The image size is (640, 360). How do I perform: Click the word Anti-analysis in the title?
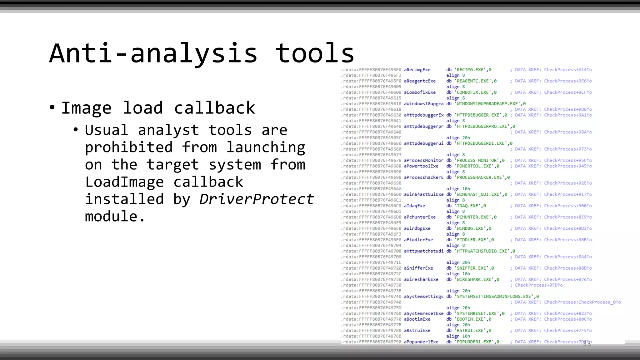[153, 53]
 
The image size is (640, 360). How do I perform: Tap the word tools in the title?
[315, 53]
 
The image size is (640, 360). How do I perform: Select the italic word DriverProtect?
[256, 199]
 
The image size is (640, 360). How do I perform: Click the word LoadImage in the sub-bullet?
[124, 182]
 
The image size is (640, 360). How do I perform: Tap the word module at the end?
[111, 216]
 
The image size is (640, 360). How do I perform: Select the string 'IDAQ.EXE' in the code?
[467, 206]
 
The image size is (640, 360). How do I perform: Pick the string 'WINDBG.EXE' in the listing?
[470, 228]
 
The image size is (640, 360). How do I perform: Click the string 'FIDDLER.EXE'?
[472, 240]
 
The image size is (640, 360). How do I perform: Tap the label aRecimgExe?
[417, 70]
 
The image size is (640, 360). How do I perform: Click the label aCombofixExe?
[420, 92]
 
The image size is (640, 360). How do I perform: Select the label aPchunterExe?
[420, 217]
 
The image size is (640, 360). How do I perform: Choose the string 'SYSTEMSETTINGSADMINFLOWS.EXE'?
[494, 296]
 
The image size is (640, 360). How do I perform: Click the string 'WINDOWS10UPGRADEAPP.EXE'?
[487, 103]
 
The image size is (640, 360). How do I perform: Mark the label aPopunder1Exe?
[421, 342]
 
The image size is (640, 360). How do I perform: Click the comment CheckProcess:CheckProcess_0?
[582, 302]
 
